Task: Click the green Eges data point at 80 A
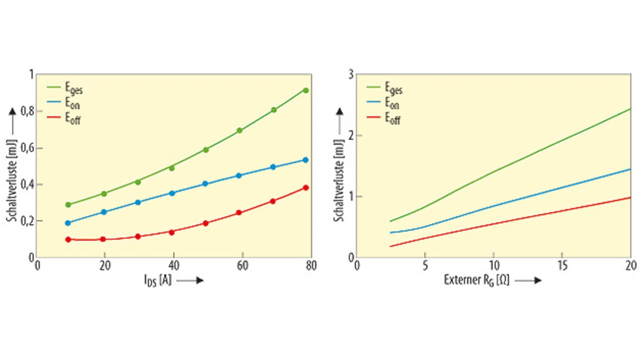[306, 90]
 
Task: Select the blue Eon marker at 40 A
[172, 193]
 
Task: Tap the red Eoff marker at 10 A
[68, 239]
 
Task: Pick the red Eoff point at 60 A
[239, 213]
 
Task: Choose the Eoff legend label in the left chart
[73, 119]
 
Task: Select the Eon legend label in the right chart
[392, 104]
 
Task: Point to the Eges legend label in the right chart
[393, 90]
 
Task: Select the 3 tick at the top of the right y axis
[350, 74]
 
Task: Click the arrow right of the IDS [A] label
[190, 281]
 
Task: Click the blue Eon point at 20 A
[104, 212]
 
